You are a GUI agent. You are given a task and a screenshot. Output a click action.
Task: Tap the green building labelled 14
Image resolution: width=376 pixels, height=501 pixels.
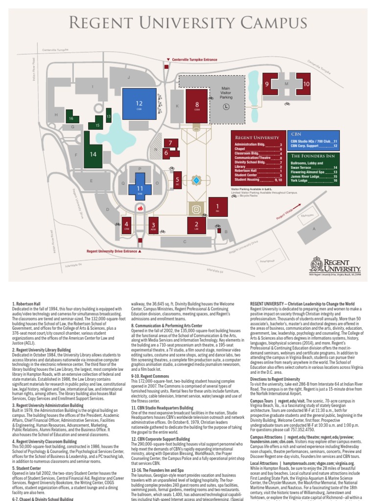93,154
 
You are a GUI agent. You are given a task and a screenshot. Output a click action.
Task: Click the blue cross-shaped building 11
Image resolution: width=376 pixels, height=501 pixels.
140,188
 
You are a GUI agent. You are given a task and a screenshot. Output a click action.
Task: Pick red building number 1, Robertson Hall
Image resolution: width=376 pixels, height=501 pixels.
217,207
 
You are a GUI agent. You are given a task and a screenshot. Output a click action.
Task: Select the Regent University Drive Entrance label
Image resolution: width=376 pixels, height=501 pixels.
112,250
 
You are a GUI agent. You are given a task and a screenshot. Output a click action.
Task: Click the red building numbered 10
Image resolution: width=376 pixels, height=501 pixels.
306,84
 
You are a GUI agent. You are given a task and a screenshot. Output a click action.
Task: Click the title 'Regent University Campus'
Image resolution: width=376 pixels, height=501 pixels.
188,23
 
